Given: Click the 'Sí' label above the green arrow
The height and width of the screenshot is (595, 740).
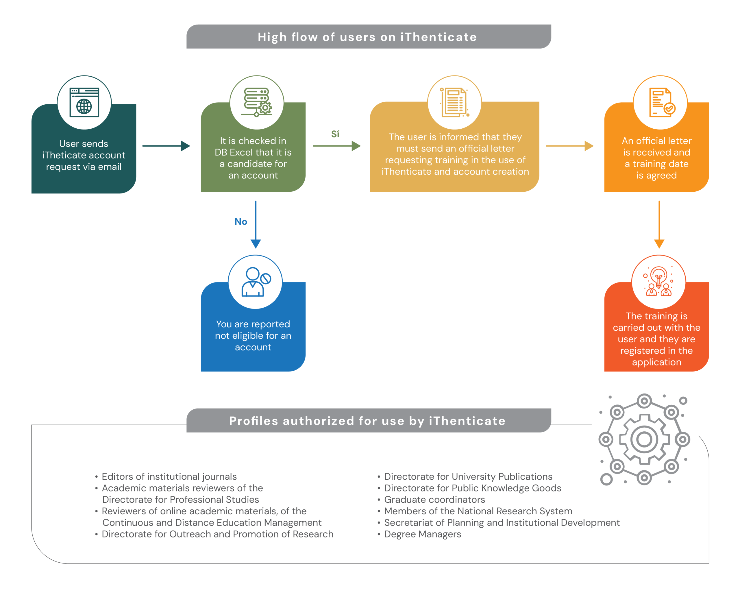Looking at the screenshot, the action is point(335,134).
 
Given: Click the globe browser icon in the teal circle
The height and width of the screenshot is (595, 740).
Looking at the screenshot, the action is point(84,102).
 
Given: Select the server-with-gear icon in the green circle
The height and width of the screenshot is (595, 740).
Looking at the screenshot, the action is point(256,102).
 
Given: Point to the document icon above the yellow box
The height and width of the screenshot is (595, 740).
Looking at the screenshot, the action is point(454,102).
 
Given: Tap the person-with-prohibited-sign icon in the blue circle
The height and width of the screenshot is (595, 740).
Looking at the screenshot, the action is point(256,282).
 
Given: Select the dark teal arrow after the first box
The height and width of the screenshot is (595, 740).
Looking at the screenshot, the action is point(166,146).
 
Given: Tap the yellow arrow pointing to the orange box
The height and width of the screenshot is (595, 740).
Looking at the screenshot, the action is point(569,146).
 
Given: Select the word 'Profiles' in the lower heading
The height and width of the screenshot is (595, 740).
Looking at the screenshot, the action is point(254,421).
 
